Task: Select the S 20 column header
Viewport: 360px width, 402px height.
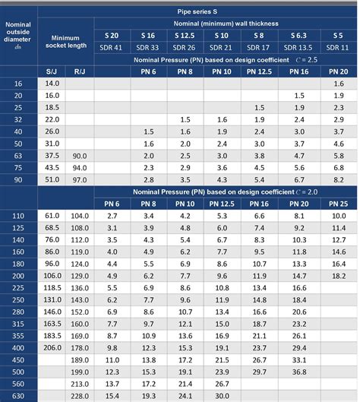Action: [111, 35]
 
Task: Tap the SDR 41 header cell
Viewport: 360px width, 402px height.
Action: [111, 47]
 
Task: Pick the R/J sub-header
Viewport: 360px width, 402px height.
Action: [79, 71]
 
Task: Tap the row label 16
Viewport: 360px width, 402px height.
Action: [18, 84]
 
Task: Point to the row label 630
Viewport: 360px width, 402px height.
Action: [18, 395]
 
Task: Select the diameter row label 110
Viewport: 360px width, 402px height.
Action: [18, 217]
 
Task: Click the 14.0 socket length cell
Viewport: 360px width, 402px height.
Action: [52, 84]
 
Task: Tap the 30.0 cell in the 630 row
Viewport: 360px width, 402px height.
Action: [222, 395]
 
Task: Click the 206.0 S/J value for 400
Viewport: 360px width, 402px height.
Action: [52, 347]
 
